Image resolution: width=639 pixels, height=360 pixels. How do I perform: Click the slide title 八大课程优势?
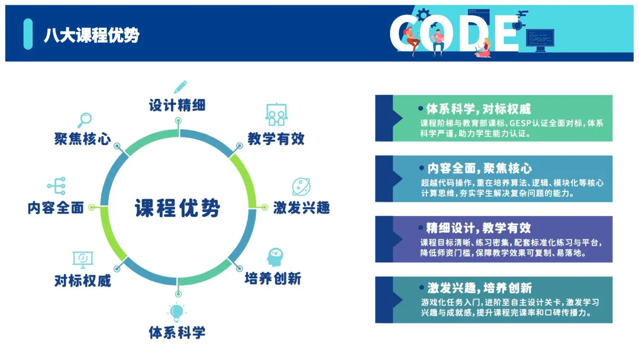91,35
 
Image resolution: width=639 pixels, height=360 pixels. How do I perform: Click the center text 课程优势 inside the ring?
177,208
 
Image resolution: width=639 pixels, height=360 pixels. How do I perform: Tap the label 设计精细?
177,105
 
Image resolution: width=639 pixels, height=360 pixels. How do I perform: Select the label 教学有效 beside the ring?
276,139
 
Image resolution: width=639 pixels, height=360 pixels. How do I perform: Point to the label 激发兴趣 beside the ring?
301,208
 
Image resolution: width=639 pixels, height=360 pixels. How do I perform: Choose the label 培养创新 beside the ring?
273,278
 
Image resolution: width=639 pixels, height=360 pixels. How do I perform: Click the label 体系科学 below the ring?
177,332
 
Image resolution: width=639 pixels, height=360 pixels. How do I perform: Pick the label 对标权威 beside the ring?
82,280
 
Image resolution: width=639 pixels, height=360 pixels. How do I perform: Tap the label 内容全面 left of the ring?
56,208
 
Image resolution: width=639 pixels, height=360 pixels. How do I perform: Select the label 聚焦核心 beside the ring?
82,139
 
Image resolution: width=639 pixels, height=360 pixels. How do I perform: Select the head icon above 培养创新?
275,257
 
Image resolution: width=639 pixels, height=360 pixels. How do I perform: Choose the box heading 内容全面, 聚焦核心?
479,169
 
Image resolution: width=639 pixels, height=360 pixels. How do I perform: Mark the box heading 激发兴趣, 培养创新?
479,288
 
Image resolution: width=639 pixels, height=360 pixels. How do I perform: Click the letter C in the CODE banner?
408,34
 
